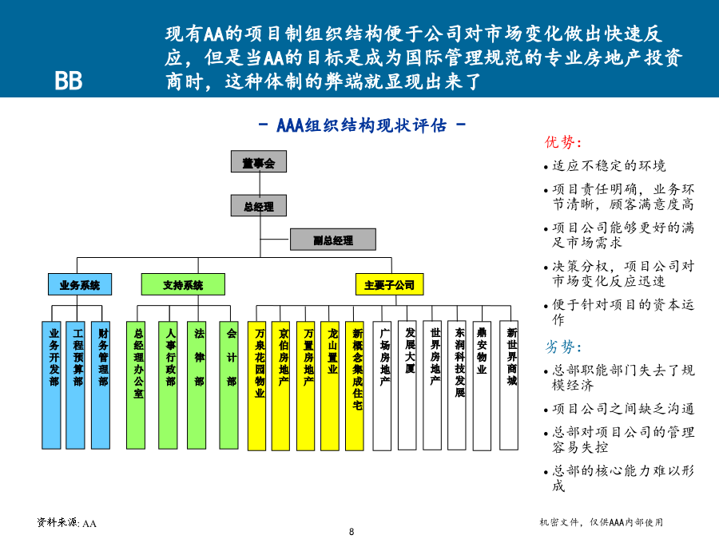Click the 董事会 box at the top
click(x=259, y=161)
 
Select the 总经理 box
click(x=259, y=205)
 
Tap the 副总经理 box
click(x=333, y=240)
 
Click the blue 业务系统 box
click(x=80, y=284)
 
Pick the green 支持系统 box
click(x=183, y=284)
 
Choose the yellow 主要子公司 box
click(x=389, y=284)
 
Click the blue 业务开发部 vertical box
click(x=51, y=385)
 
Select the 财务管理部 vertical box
click(x=101, y=385)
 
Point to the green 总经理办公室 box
click(x=136, y=385)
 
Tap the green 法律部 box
click(x=197, y=385)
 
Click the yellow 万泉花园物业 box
click(x=256, y=386)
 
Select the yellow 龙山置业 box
click(x=330, y=386)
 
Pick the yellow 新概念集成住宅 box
click(x=355, y=386)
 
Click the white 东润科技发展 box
click(x=457, y=385)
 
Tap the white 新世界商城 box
click(x=509, y=385)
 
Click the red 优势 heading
click(x=563, y=142)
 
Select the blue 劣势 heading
click(x=563, y=347)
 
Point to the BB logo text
click(x=69, y=81)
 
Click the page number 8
click(x=352, y=532)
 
